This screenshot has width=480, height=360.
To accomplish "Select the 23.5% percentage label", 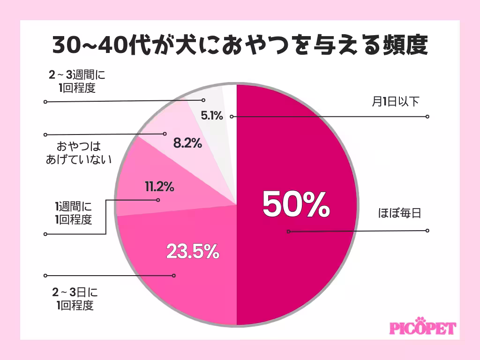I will [193, 252].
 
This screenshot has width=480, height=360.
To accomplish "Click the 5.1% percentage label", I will [210, 115].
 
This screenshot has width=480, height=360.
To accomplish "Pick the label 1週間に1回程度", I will [74, 212].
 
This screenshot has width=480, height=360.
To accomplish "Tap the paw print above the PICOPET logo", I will [420, 320].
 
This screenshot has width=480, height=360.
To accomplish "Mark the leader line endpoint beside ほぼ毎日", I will [427, 231].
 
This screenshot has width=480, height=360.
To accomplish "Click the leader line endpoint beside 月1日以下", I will [427, 116].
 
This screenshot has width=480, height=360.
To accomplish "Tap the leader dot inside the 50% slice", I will [289, 231].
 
